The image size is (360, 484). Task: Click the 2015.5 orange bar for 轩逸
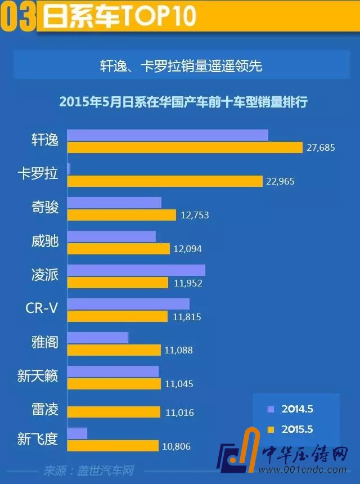pos(185,147)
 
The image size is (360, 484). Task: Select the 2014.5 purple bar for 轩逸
pos(168,135)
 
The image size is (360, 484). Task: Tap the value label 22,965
pos(280,181)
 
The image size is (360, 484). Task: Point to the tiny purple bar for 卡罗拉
pos(69,169)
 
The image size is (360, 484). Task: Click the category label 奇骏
pos(45,208)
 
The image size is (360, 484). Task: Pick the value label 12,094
pos(187,249)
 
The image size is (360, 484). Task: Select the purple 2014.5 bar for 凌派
pos(136,270)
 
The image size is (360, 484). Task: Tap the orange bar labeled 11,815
pos(118,316)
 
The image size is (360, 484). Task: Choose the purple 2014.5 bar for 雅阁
pos(98,338)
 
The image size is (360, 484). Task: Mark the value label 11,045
pos(179,384)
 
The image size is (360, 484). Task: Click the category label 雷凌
pos(45,409)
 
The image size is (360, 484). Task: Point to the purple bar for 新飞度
pos(77,433)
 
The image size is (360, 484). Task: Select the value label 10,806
pos(177,446)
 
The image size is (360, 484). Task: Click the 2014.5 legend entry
pos(290,409)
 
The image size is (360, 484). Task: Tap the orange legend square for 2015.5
pos(271,429)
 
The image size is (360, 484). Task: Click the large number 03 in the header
pos(19,17)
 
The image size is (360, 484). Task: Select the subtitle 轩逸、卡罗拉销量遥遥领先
pos(179,66)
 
